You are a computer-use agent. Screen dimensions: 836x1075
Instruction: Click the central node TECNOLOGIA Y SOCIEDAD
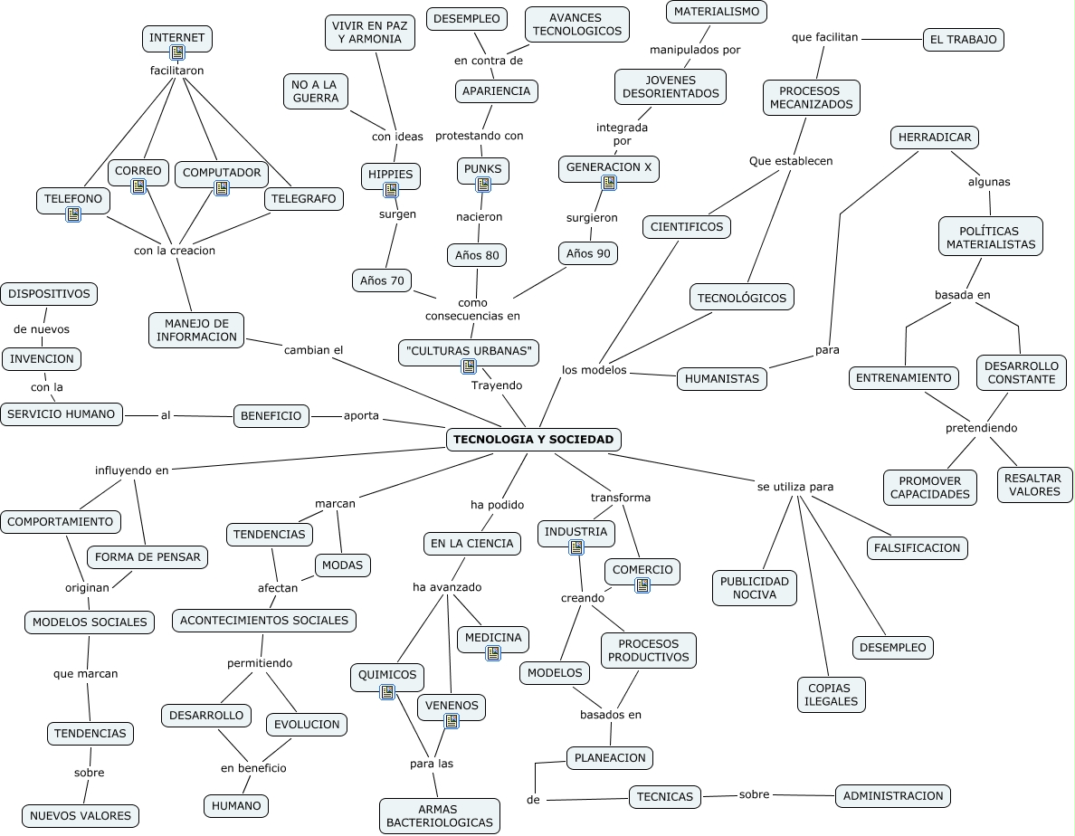point(533,440)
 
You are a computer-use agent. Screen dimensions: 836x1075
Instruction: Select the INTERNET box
point(177,38)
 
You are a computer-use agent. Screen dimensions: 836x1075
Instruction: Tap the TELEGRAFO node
point(304,199)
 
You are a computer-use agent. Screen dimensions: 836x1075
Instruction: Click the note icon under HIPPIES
point(391,190)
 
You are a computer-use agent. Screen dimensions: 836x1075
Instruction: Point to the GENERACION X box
point(608,167)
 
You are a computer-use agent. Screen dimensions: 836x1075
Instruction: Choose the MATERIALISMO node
point(717,11)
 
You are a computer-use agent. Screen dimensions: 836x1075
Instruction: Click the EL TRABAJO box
point(963,40)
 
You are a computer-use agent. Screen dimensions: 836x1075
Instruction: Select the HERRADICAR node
point(935,138)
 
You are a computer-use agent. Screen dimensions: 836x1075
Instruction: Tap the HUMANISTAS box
point(722,379)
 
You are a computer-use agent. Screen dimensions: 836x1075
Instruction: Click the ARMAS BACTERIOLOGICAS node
point(440,815)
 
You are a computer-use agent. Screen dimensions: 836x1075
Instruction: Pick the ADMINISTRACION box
point(893,796)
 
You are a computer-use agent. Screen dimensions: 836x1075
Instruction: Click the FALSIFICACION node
point(918,548)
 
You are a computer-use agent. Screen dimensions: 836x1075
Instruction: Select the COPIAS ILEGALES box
point(831,695)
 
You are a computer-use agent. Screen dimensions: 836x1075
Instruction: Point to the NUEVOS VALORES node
point(81,815)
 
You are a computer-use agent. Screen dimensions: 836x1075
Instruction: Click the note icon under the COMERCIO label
point(642,585)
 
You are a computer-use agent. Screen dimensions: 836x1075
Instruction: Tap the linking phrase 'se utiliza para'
point(795,487)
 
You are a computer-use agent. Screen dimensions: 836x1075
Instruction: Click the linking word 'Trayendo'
point(497,385)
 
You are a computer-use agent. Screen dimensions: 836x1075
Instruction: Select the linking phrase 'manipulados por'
point(695,50)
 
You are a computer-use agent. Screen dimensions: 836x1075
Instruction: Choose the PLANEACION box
point(610,758)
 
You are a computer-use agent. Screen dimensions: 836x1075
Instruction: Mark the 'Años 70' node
point(382,280)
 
